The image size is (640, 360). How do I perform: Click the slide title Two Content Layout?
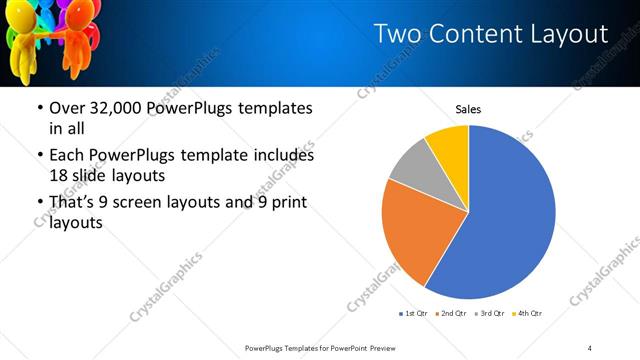[x=490, y=34]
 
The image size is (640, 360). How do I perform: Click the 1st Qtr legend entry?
[x=413, y=314]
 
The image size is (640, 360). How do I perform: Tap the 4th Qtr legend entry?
[x=528, y=314]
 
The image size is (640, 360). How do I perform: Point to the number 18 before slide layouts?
[x=60, y=175]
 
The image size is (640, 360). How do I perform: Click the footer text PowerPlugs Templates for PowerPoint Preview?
[x=320, y=347]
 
